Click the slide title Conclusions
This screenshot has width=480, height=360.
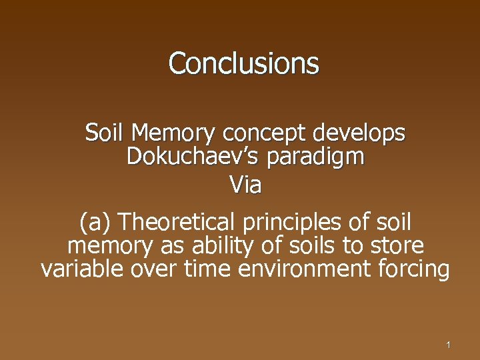pyautogui.click(x=244, y=63)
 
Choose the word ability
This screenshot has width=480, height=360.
pyautogui.click(x=217, y=246)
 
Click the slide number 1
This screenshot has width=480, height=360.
pyautogui.click(x=449, y=345)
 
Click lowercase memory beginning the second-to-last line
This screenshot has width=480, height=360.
pyautogui.click(x=111, y=247)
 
